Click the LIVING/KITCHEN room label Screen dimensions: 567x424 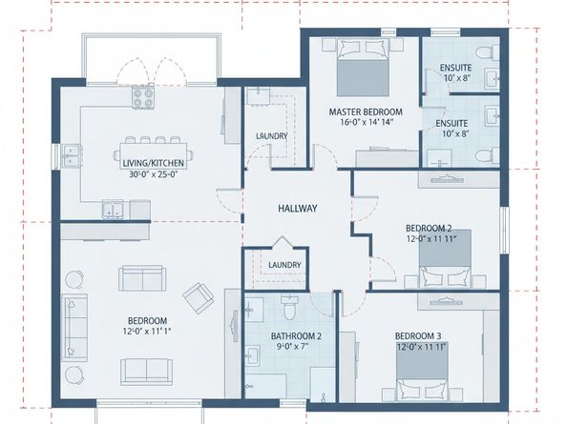(154, 163)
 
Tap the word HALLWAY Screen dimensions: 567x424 (298, 209)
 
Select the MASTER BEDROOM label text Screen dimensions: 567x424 (366, 111)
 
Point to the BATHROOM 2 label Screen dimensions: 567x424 (296, 336)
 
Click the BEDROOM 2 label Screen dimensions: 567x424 (429, 228)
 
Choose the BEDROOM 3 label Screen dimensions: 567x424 (418, 336)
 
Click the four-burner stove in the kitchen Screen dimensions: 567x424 (143, 97)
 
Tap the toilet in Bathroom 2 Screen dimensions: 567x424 (289, 307)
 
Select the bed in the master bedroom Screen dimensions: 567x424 (363, 68)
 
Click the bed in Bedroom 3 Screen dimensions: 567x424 (422, 372)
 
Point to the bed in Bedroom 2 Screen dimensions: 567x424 (445, 259)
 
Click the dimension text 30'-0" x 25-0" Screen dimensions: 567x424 (154, 174)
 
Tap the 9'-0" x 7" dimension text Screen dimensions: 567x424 (292, 347)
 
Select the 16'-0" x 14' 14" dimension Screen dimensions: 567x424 (367, 122)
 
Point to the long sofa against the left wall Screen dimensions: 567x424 (75, 328)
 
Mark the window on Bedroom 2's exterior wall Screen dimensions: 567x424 (504, 230)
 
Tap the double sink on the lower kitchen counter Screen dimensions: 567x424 (113, 210)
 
